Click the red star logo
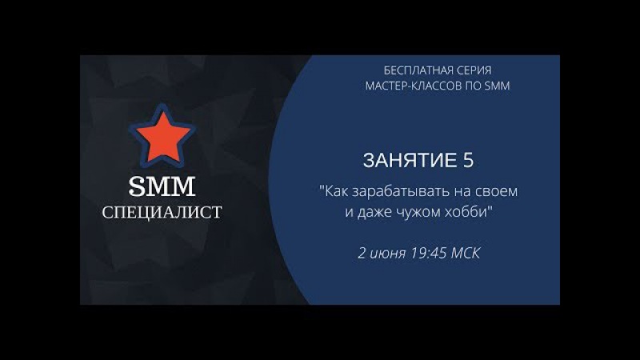pos(162,136)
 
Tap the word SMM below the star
pos(162,186)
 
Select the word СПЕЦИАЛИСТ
pos(162,212)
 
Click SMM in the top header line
pos(497,86)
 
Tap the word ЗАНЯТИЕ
pos(410,160)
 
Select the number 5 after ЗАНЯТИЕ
pos(469,160)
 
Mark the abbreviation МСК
pos(466,253)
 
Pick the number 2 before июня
pos(362,253)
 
